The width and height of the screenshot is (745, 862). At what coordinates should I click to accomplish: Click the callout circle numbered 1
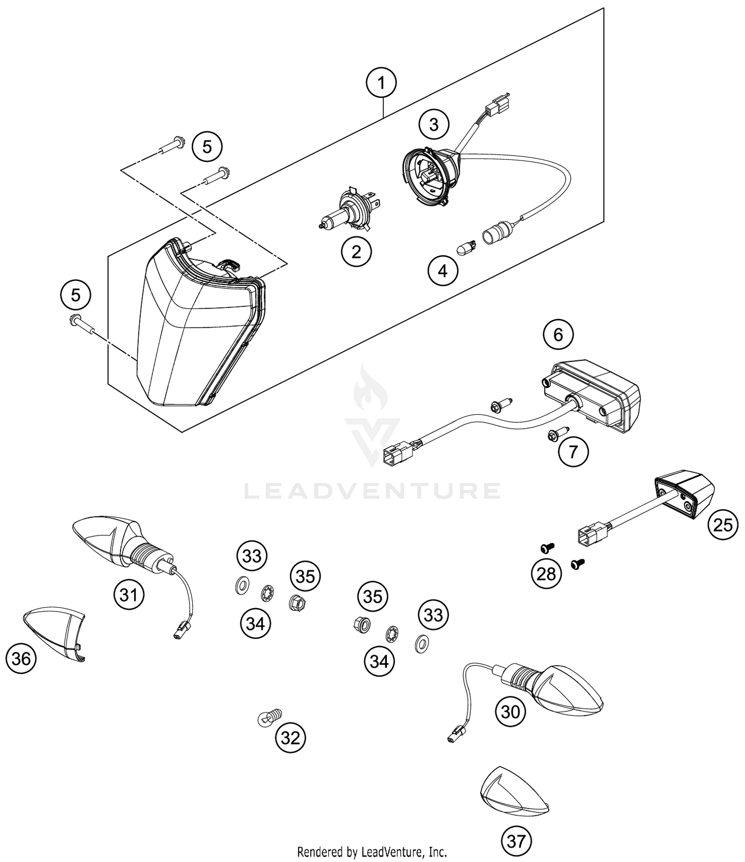381,83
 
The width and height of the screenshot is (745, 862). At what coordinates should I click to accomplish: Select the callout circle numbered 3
434,124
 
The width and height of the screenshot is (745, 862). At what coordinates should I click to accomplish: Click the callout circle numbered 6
558,335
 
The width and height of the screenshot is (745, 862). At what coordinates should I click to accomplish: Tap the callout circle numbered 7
573,452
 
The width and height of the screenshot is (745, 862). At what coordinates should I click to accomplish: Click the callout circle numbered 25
723,524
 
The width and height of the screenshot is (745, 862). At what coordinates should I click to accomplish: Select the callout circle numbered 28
546,574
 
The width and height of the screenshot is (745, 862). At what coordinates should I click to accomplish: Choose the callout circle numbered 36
21,659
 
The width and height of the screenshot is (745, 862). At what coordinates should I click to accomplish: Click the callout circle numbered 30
511,712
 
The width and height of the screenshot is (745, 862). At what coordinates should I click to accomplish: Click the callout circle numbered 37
516,841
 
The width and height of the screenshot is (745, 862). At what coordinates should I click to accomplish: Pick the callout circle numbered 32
291,738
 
